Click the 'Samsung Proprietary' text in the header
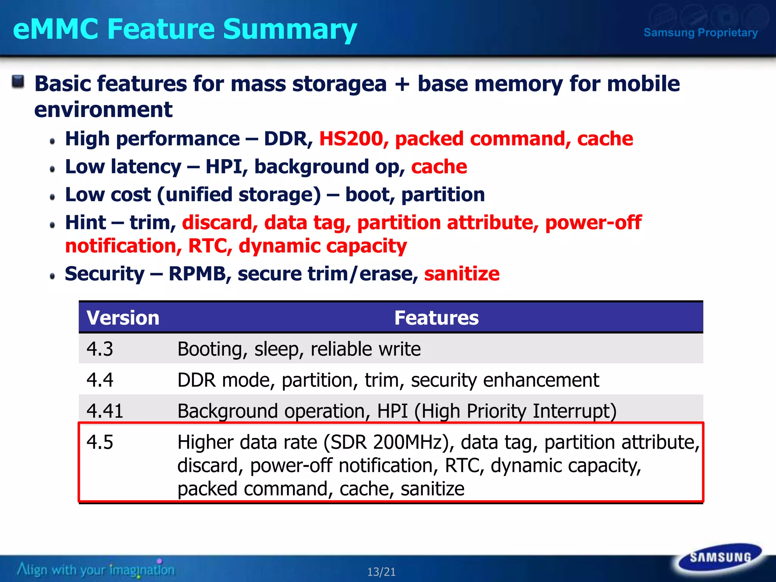(701, 33)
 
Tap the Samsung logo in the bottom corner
(720, 557)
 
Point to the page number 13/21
(381, 572)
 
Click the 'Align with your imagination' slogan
(96, 569)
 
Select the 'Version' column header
(123, 318)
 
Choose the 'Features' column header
(436, 318)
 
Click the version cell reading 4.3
(100, 349)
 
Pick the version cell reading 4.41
(105, 411)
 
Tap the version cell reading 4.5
(100, 442)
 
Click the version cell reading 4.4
(100, 380)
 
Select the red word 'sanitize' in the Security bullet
(462, 274)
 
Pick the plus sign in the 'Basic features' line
(402, 84)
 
